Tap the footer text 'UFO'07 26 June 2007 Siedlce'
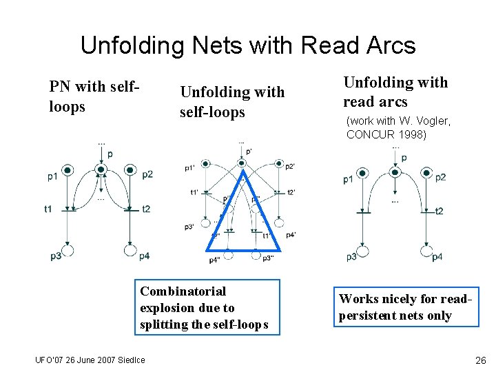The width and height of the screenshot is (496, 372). [90, 360]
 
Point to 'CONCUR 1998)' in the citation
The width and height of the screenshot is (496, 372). [386, 134]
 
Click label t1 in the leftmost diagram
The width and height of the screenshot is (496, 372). [48, 209]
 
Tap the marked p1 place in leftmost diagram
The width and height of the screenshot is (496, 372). [68, 169]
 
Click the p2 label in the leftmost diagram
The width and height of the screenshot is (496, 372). [147, 174]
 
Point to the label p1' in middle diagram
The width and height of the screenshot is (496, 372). [190, 167]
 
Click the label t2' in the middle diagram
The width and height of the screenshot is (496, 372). [291, 193]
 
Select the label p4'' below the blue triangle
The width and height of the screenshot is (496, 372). [215, 260]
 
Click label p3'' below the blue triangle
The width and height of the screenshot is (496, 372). [268, 258]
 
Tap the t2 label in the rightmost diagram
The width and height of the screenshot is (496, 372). [439, 211]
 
